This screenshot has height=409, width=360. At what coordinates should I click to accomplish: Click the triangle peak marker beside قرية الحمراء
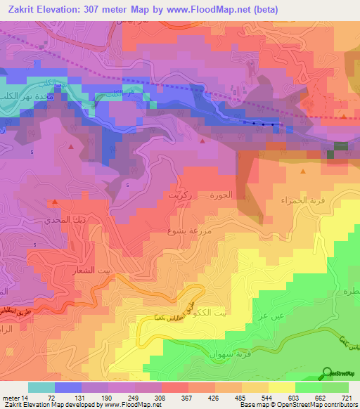coord(302,171)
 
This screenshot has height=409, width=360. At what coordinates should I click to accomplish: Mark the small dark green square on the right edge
coord(340,146)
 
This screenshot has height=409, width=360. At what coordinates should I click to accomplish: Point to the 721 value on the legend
coord(347,396)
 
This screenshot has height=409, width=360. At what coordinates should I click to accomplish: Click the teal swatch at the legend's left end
coord(41,387)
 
